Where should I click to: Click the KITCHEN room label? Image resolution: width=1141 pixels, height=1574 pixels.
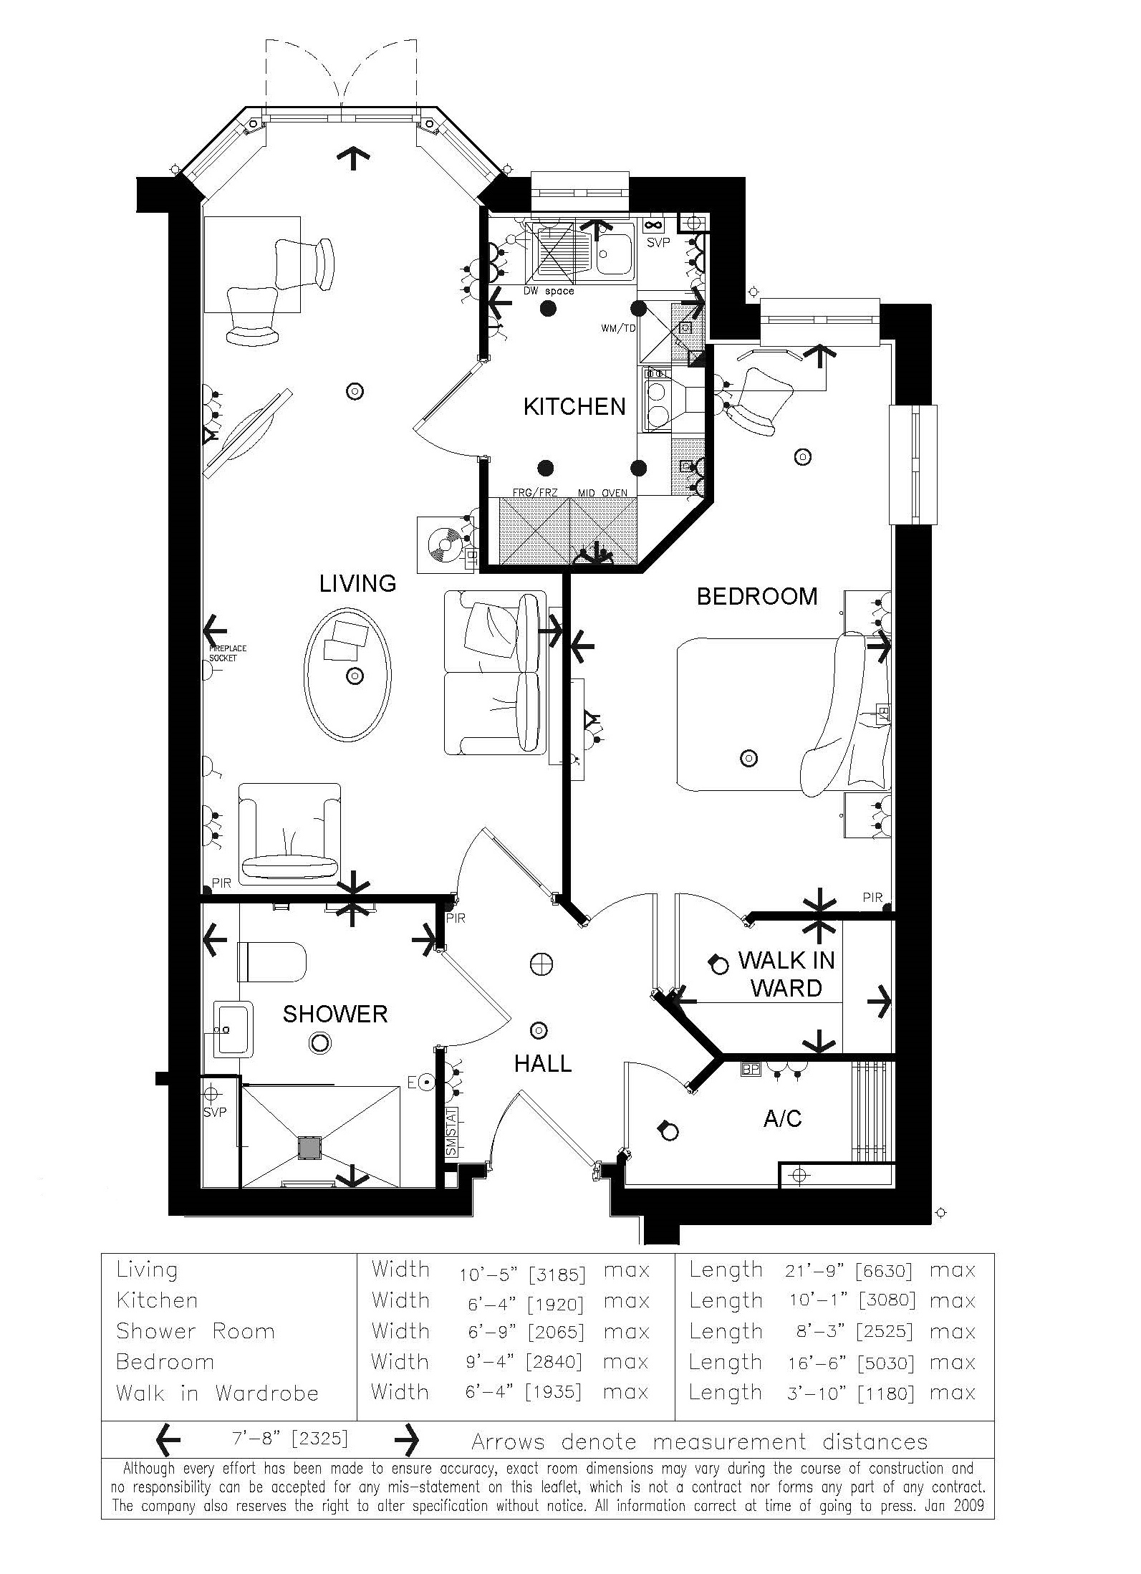[x=574, y=407]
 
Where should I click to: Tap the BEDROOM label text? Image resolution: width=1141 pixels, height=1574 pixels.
[x=756, y=597]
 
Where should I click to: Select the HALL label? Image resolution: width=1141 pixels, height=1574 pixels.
[x=543, y=1064]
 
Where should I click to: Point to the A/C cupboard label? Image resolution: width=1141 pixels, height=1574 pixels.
[x=782, y=1118]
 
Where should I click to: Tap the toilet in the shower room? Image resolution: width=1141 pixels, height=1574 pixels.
[x=272, y=962]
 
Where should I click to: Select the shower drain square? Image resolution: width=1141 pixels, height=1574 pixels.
[x=310, y=1148]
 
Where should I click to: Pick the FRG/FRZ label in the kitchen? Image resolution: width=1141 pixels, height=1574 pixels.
[x=535, y=493]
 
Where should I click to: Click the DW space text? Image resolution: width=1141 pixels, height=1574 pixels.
[x=550, y=291]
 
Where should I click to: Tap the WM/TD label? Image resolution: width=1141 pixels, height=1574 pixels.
[x=618, y=329]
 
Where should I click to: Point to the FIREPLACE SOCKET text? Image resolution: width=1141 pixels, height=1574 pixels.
[x=228, y=653]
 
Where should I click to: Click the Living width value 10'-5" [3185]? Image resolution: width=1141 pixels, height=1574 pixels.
[x=522, y=1275]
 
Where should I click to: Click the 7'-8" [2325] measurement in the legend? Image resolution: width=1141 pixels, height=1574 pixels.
[x=290, y=1439]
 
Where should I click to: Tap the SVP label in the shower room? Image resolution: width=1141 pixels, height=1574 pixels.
[x=214, y=1113]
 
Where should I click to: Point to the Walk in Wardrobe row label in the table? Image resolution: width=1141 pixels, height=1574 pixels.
[x=217, y=1393]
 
